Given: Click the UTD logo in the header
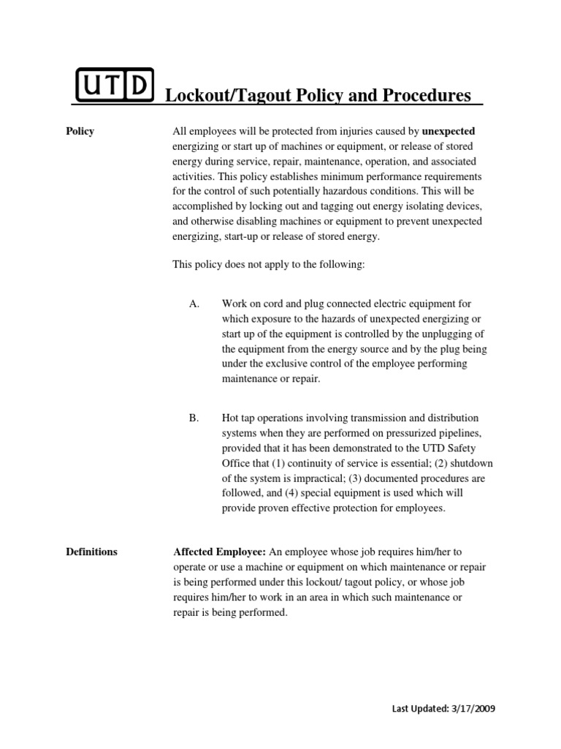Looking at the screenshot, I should (x=115, y=86).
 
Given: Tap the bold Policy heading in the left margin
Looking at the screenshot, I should (x=80, y=132).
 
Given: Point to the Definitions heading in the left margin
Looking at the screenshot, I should (x=91, y=552).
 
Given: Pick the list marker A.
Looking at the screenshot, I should (x=194, y=303).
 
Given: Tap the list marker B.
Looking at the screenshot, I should (x=194, y=418).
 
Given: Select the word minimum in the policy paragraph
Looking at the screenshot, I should (x=342, y=176).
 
